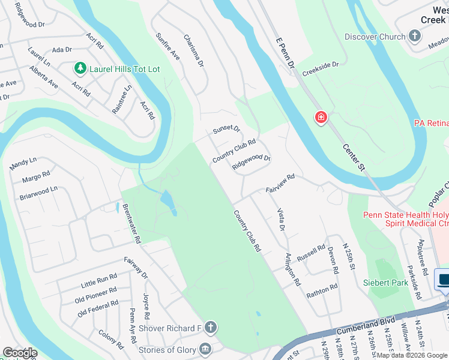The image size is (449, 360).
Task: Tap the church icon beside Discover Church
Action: [x=415, y=37]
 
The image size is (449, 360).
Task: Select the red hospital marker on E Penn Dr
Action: [x=321, y=117]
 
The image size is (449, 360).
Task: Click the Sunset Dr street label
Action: [x=226, y=129]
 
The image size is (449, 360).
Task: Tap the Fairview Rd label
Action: [x=280, y=184]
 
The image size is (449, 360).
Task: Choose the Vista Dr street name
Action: [x=280, y=220]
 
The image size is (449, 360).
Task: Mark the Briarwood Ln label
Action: [x=38, y=192]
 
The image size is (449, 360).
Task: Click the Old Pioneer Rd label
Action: [x=96, y=294]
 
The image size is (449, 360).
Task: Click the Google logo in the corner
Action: [x=20, y=352]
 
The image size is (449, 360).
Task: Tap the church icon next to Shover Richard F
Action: [x=210, y=328]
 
